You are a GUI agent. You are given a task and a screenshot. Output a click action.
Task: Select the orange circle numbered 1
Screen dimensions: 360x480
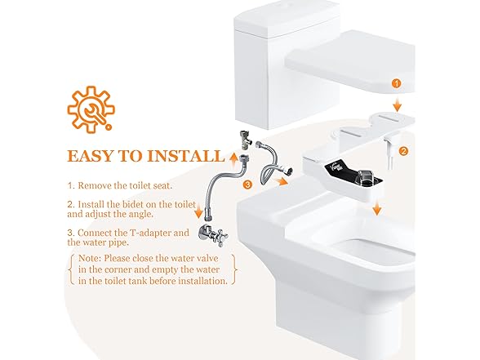[x=396, y=83]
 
